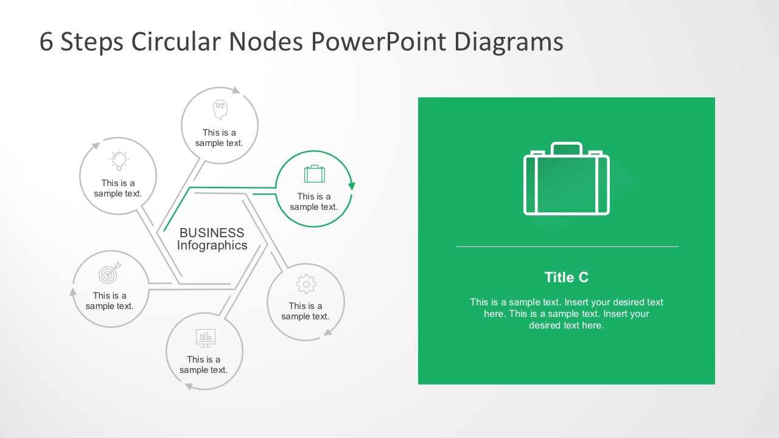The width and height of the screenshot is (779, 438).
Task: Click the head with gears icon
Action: point(220,110)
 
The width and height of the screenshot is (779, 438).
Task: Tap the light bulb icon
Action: point(119,160)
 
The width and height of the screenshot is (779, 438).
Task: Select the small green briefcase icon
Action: point(315,174)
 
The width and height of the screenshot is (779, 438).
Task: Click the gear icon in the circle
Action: point(306,284)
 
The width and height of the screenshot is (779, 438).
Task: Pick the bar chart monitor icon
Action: point(205,337)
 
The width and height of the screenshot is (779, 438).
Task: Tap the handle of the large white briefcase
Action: point(567,147)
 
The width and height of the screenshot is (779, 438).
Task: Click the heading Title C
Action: point(567,277)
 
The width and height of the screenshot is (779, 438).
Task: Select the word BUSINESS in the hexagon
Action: point(212,233)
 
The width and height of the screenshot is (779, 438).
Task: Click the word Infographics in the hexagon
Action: point(212,246)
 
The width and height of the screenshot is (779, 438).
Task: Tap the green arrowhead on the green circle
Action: point(352,186)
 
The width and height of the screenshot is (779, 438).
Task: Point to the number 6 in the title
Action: point(46,42)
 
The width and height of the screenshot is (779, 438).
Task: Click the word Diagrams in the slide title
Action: point(508,42)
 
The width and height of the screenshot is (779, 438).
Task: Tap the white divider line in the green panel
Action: point(567,246)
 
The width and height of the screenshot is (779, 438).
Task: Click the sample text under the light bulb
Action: point(118,189)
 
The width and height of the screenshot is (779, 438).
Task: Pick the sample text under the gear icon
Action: point(306,311)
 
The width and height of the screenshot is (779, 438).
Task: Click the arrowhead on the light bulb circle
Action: point(96,146)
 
